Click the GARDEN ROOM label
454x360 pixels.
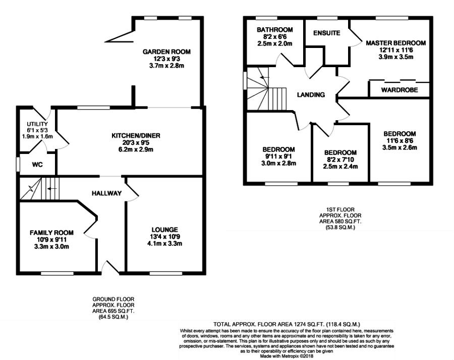[166, 52]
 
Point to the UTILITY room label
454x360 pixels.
[37, 124]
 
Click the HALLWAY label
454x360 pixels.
[106, 193]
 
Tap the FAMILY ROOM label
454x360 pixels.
[51, 233]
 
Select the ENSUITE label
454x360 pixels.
[326, 33]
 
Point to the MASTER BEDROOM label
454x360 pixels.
[396, 43]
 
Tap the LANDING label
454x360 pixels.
[311, 95]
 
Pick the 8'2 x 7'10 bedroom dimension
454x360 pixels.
[340, 160]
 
